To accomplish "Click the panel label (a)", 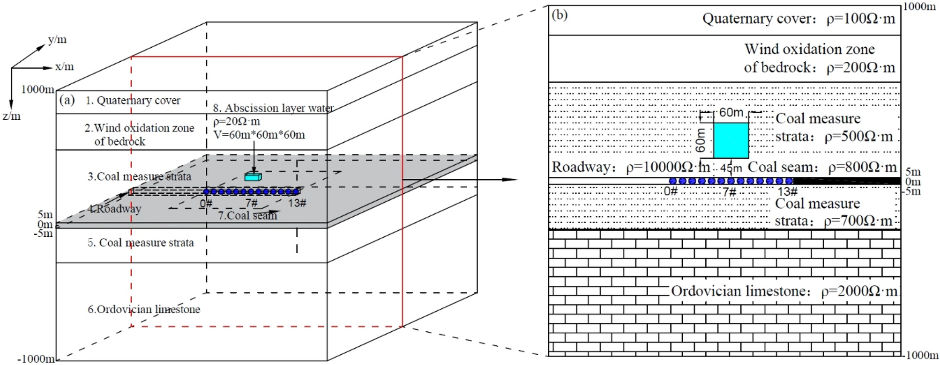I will [67, 100].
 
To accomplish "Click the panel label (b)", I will [560, 15].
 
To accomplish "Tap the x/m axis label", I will [64, 67].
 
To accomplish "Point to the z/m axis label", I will [11, 116].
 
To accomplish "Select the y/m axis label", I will [57, 40].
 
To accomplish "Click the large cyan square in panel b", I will [731, 140].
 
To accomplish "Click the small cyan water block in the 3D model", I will [253, 177].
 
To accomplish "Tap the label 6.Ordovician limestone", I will [144, 309].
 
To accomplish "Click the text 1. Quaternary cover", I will [133, 101].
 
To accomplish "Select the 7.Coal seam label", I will [247, 216].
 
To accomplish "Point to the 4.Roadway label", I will [114, 209].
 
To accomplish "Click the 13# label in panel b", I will [787, 192].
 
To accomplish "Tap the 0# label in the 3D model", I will [206, 204].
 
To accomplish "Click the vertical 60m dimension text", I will [701, 140].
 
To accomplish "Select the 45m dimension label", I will [731, 168].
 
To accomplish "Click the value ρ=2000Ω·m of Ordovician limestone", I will [858, 292].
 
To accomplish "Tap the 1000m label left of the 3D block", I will [37, 89].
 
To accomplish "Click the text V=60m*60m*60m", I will [259, 135].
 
